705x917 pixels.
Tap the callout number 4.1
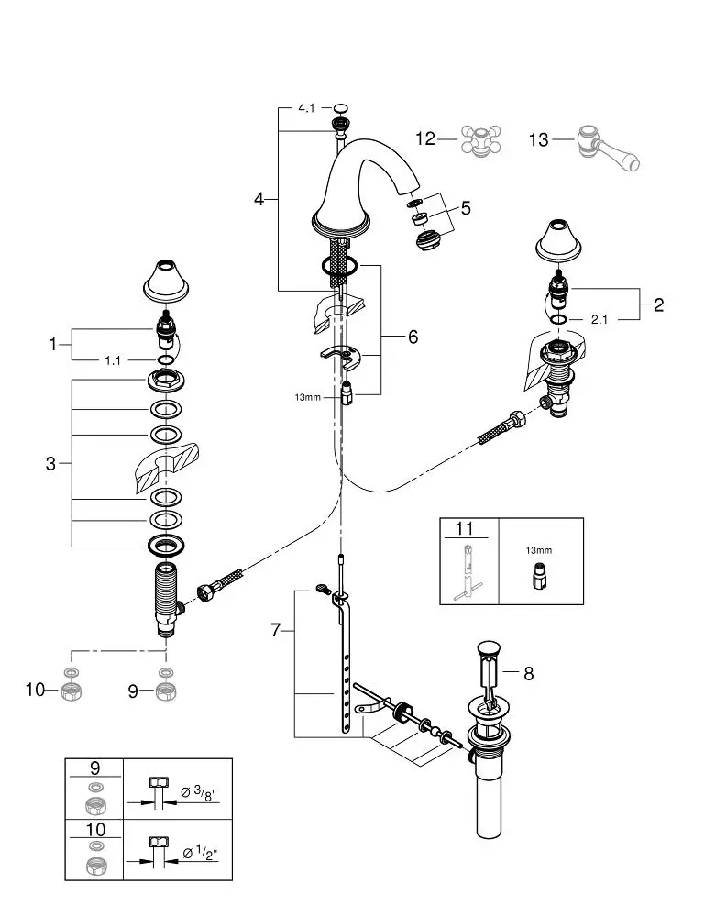[x=306, y=108]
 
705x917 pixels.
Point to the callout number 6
[x=413, y=337]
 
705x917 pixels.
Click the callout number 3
[x=50, y=464]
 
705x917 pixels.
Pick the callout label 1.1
[x=113, y=361]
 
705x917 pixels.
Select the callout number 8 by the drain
[x=527, y=674]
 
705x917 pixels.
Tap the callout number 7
[x=279, y=632]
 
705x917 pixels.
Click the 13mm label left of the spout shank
[x=307, y=398]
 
